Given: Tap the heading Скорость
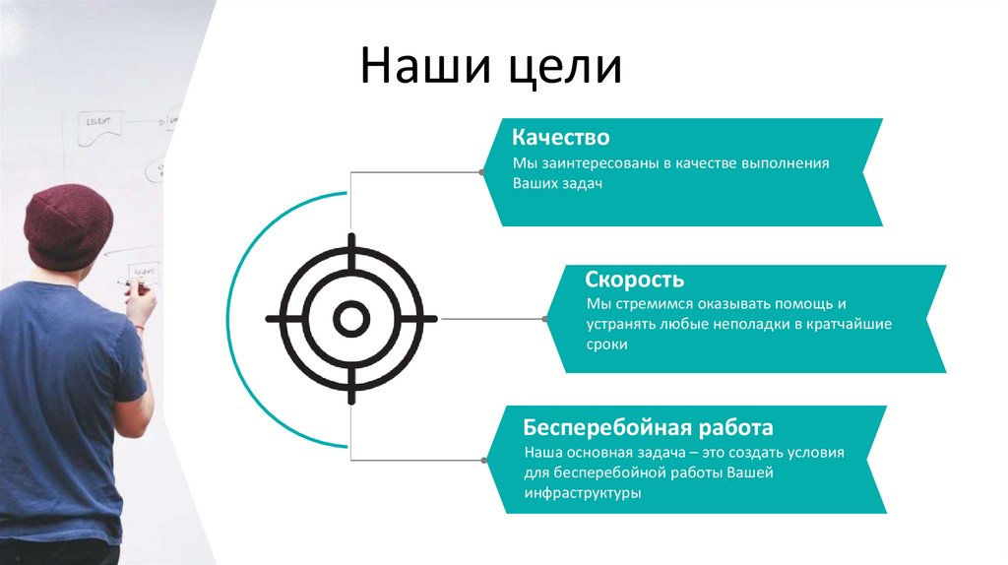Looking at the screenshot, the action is (x=635, y=280).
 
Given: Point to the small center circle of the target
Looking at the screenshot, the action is (x=350, y=318).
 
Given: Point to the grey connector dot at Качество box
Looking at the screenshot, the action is (x=481, y=172).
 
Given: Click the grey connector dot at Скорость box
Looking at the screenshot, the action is (x=545, y=318).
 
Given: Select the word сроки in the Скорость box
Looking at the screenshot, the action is (x=606, y=345).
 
